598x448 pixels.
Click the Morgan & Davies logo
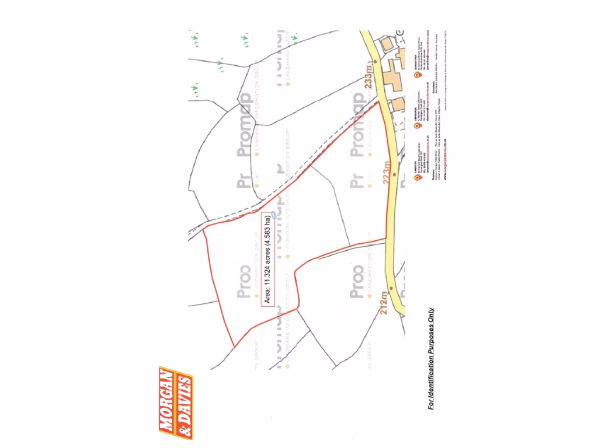176,402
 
